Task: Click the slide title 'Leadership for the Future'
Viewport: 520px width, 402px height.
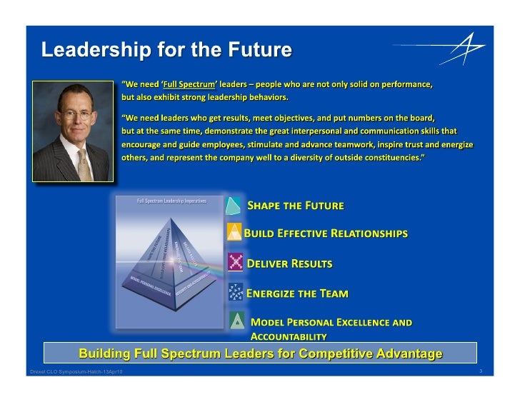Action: click(166, 50)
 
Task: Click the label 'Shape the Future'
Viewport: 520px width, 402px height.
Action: click(295, 206)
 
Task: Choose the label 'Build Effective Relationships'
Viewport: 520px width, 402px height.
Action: click(326, 233)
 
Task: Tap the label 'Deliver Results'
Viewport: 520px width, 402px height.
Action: click(289, 263)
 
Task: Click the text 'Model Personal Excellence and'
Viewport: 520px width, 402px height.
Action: click(331, 323)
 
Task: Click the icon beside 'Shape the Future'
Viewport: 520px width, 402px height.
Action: click(233, 206)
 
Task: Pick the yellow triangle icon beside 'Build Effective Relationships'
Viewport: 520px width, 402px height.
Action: click(234, 233)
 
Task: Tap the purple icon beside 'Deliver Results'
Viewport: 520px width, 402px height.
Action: click(235, 263)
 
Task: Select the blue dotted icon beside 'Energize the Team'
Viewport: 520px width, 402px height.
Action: click(235, 292)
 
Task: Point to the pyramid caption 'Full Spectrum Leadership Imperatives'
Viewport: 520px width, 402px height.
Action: click(171, 201)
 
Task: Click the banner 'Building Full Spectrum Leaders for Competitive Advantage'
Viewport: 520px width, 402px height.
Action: click(260, 353)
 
